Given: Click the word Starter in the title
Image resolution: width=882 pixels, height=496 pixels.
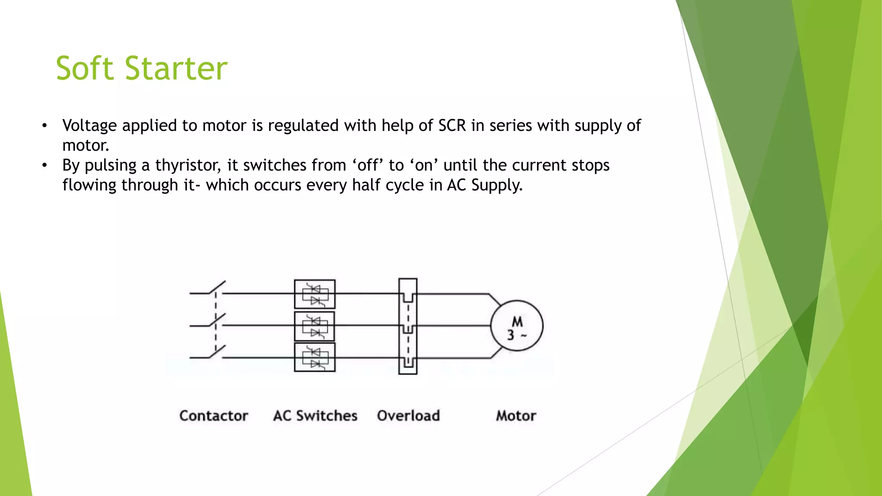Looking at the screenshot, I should (x=176, y=68).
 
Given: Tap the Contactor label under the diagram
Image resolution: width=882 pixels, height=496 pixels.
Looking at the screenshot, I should (x=214, y=415).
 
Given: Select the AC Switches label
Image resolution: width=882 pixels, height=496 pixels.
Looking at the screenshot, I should (x=315, y=415).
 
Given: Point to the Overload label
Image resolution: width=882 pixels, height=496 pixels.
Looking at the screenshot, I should (x=408, y=415).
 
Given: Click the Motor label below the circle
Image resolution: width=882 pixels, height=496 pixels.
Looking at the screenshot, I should (x=516, y=415).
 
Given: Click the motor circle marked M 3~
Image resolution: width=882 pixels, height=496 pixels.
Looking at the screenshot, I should (x=517, y=326).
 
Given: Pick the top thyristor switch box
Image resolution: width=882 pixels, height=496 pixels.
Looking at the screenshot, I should (x=315, y=294).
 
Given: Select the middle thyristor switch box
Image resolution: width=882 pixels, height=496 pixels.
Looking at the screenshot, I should (x=315, y=326).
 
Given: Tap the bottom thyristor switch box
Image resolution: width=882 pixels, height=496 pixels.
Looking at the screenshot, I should (x=315, y=357).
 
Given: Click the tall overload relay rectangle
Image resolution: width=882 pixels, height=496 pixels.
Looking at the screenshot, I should (x=408, y=326).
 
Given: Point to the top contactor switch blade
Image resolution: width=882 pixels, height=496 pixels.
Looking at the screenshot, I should (x=218, y=287).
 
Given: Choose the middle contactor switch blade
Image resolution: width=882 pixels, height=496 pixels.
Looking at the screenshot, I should (x=218, y=319).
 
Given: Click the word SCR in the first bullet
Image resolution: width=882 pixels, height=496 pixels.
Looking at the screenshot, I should (x=452, y=126).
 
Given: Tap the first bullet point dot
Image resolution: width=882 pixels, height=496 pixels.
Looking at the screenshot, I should (x=44, y=126).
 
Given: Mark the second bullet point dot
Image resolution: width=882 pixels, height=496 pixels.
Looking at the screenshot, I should (x=44, y=165).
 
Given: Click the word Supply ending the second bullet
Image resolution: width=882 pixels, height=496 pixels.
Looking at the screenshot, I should (x=497, y=185).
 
